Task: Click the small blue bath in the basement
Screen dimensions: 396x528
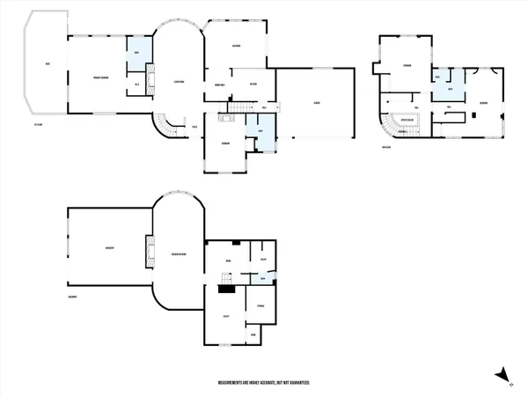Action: point(263,278)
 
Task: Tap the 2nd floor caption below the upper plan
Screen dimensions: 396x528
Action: point(386,146)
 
